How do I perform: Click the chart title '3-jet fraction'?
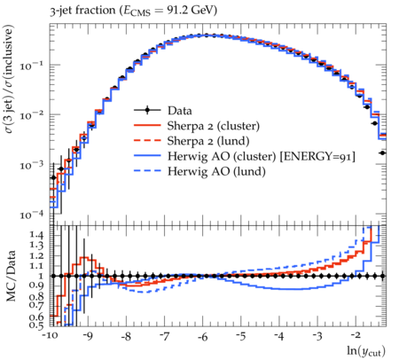pyautogui.click(x=83, y=11)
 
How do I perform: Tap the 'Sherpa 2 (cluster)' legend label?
pyautogui.click(x=214, y=126)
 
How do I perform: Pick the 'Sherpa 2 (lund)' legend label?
pyautogui.click(x=208, y=141)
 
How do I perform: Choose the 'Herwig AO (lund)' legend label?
pyautogui.click(x=216, y=171)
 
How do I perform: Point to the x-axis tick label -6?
pyautogui.click(x=202, y=336)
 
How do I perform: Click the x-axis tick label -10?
pyautogui.click(x=51, y=336)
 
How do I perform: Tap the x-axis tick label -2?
pyautogui.click(x=356, y=335)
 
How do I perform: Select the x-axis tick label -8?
pyautogui.click(x=126, y=336)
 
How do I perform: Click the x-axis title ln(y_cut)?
pyautogui.click(x=366, y=351)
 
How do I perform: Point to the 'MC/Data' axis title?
pyautogui.click(x=11, y=276)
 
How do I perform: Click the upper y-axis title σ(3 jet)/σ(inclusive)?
pyautogui.click(x=9, y=79)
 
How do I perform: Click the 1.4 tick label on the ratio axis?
pyautogui.click(x=36, y=235)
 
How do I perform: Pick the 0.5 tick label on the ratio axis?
pyautogui.click(x=36, y=325)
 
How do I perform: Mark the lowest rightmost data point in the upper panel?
pyautogui.click(x=382, y=153)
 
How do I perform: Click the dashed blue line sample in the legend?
pyautogui.click(x=147, y=170)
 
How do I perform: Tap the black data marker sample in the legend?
pyautogui.click(x=147, y=110)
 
